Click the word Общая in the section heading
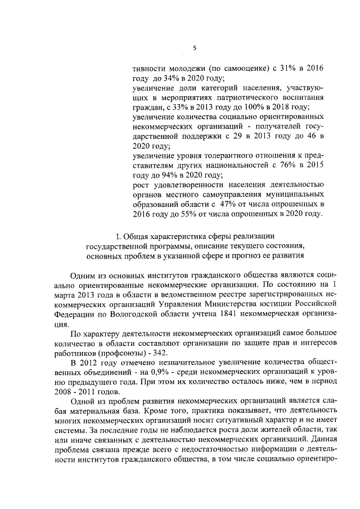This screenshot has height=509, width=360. (x=135, y=236)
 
